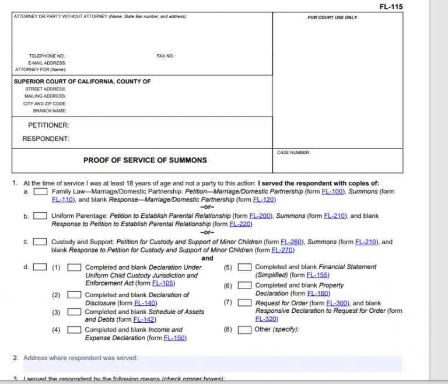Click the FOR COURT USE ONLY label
[x=332, y=17]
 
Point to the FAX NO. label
[x=166, y=56]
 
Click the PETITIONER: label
[x=48, y=125]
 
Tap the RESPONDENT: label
[x=45, y=139]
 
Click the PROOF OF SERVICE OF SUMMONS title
[x=145, y=160]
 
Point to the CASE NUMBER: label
[x=293, y=153]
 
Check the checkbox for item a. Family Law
[x=40, y=192]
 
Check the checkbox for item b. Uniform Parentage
[x=40, y=216]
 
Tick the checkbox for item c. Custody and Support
[x=40, y=242]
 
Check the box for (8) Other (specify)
[x=245, y=330]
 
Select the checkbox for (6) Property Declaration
[x=245, y=286]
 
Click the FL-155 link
[x=318, y=275]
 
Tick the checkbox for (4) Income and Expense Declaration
[x=75, y=330]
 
